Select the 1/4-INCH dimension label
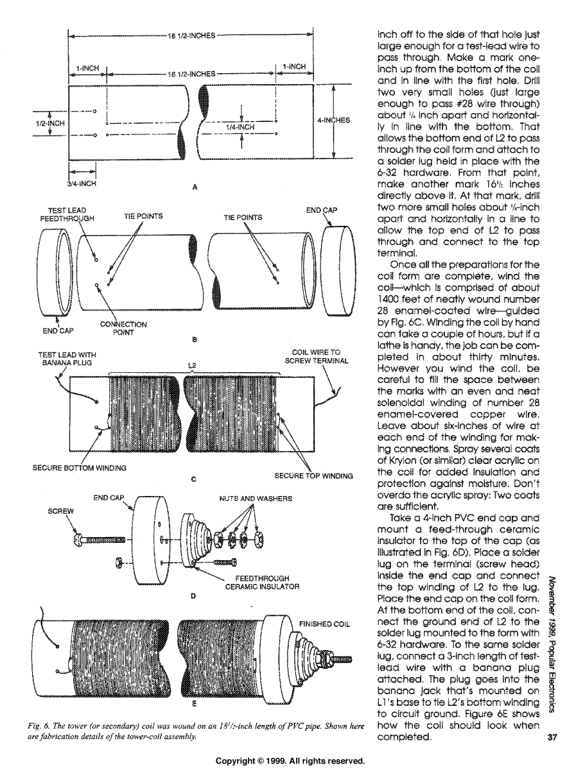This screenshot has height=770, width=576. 240,127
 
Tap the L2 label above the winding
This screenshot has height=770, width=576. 191,365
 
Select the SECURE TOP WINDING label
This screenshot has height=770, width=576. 314,475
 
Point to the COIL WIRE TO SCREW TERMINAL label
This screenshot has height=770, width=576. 319,356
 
